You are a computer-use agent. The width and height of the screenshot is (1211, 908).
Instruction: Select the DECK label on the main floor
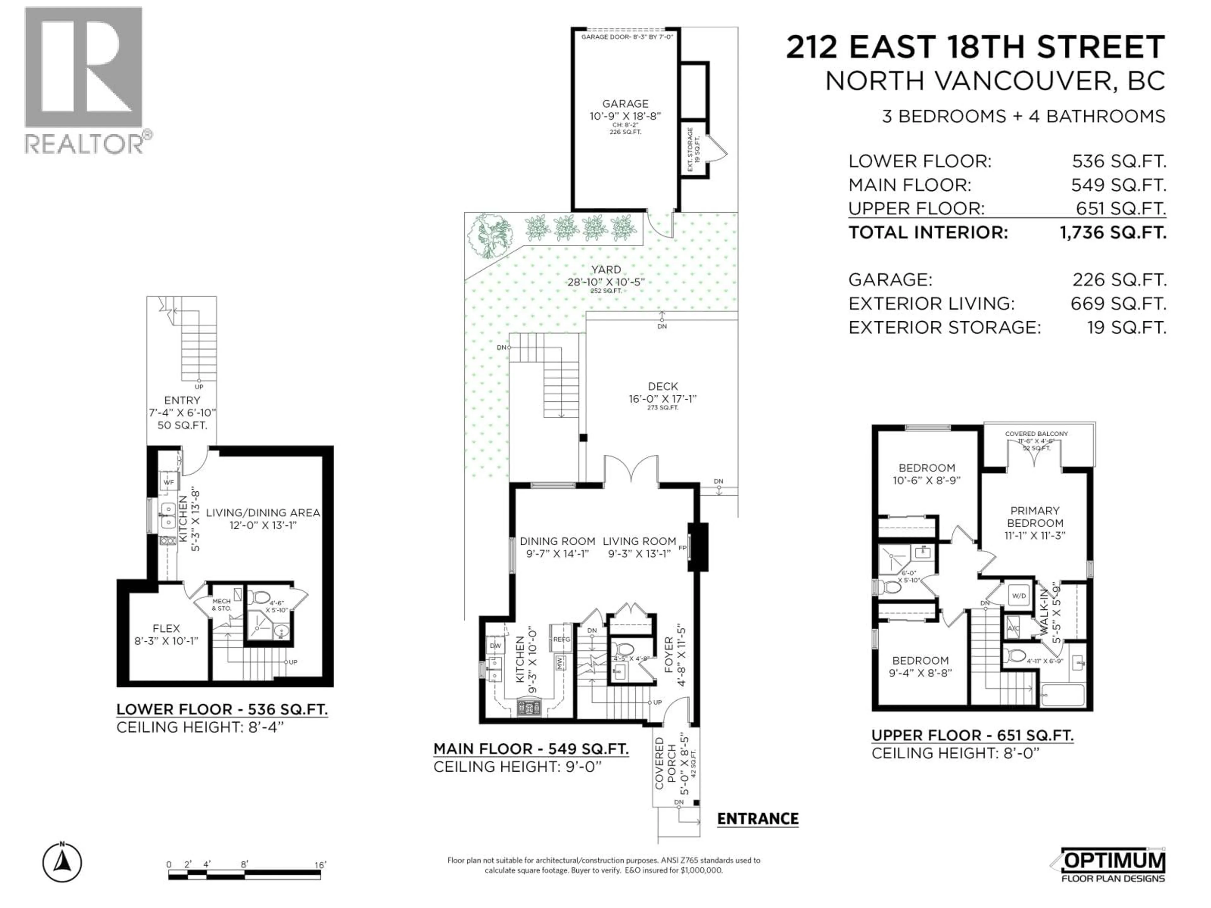(663, 387)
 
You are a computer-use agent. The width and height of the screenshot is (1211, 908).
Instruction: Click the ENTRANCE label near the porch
(758, 819)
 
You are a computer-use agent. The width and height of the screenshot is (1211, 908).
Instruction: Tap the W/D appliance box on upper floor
(1019, 596)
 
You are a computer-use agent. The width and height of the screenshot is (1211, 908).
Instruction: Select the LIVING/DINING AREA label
(263, 513)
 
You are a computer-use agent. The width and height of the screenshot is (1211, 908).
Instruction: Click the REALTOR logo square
(84, 68)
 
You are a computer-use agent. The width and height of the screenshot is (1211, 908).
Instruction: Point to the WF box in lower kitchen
(169, 482)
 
